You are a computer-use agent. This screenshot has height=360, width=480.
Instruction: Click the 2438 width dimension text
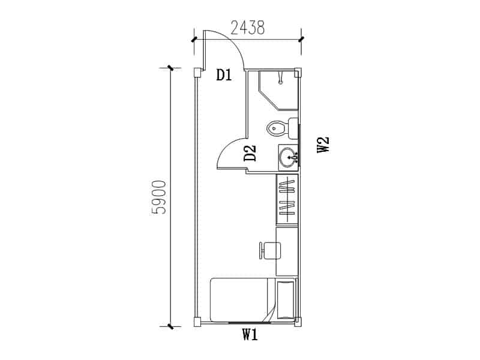click(x=247, y=28)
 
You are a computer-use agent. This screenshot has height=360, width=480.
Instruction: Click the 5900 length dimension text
click(x=158, y=197)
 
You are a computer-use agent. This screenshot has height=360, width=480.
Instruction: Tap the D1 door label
click(x=224, y=74)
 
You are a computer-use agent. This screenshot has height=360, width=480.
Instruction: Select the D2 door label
click(x=250, y=153)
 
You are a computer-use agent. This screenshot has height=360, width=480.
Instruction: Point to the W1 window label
click(x=250, y=335)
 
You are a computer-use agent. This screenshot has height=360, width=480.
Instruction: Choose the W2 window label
click(x=323, y=145)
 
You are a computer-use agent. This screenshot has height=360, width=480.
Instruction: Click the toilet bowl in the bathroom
click(x=277, y=128)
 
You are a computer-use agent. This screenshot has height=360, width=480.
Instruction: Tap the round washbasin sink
click(x=288, y=157)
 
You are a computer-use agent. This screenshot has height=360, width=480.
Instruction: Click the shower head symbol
click(x=280, y=78)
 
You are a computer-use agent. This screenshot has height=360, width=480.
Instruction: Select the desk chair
click(x=269, y=250)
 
